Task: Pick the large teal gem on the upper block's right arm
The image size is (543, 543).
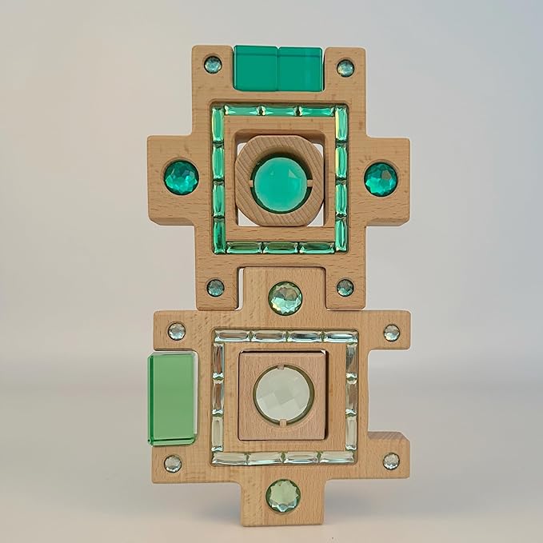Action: [381, 178]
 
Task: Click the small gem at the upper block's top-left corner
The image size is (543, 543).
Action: [213, 65]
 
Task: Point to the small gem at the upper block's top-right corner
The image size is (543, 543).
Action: [345, 67]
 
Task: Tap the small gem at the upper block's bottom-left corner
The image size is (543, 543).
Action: [215, 287]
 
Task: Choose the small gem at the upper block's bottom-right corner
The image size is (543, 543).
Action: [345, 287]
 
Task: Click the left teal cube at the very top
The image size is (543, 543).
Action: [256, 68]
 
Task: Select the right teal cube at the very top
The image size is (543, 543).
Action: [300, 69]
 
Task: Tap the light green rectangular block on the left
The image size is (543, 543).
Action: [172, 398]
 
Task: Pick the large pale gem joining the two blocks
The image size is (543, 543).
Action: [285, 297]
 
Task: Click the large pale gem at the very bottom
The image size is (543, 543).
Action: [283, 495]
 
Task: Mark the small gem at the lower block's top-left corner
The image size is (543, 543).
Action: [176, 331]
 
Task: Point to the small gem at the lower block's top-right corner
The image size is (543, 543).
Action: [391, 332]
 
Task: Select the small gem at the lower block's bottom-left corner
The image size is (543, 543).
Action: [173, 463]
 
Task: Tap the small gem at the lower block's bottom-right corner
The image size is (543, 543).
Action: [391, 461]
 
